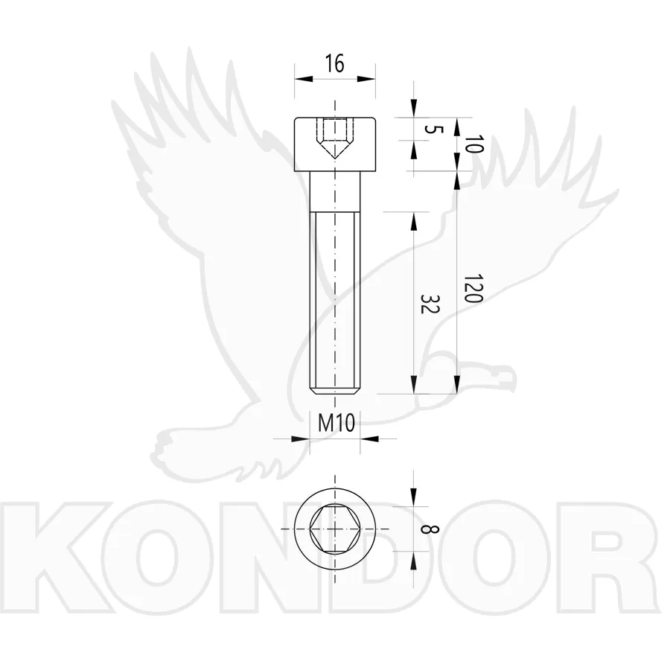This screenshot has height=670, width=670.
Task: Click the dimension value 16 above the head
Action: [x=334, y=64]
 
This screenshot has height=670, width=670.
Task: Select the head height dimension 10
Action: [x=474, y=144]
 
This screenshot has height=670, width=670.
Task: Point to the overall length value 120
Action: [x=474, y=288]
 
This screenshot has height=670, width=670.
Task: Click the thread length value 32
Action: [x=430, y=304]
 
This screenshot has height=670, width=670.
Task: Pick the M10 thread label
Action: [x=336, y=424]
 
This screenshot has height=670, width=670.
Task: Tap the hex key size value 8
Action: [x=430, y=529]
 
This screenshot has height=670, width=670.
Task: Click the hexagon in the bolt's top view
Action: [x=334, y=529]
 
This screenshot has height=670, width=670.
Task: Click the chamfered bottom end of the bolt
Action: [x=334, y=391]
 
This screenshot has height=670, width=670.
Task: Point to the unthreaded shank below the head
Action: [x=334, y=191]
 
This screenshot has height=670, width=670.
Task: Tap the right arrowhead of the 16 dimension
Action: [x=366, y=79]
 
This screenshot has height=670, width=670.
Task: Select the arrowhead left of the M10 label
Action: [x=301, y=438]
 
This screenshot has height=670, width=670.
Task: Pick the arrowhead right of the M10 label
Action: [x=369, y=438]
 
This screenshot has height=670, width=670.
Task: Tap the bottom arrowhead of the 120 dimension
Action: [x=457, y=385]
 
